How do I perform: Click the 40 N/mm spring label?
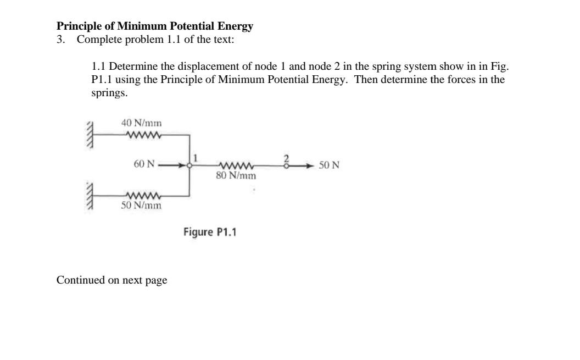point(141,123)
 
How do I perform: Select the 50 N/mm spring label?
point(141,206)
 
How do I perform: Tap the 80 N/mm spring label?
point(236,176)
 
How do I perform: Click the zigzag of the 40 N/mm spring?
point(143,134)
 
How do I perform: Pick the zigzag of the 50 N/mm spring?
point(143,196)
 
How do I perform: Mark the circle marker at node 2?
point(286,165)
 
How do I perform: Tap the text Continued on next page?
point(111,280)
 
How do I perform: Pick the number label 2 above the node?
point(286,157)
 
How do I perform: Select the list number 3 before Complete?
point(60,40)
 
